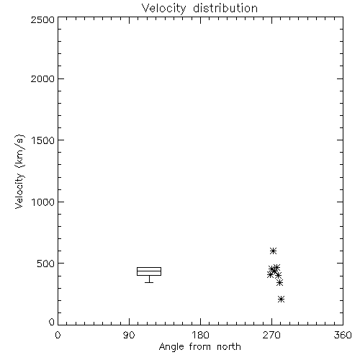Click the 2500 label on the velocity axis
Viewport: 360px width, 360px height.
(x=42, y=19)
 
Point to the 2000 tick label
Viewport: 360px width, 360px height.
(x=42, y=78)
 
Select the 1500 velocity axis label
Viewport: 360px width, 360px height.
(x=43, y=140)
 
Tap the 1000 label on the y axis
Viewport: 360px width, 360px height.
(x=43, y=202)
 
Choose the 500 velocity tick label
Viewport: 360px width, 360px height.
(x=46, y=264)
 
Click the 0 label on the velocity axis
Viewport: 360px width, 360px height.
(x=52, y=322)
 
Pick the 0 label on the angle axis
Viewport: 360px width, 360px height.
(x=58, y=335)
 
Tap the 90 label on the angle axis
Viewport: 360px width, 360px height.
(x=129, y=335)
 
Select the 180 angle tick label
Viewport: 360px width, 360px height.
(x=200, y=335)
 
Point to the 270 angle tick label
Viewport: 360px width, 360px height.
(x=271, y=335)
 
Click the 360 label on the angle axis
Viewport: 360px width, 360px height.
(x=343, y=335)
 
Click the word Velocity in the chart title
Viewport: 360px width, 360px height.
(x=163, y=9)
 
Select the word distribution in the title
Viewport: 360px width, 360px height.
(x=225, y=8)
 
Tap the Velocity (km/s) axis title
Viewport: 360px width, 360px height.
(x=19, y=172)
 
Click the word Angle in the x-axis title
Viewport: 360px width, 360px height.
(x=171, y=347)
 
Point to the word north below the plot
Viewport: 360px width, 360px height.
(x=229, y=347)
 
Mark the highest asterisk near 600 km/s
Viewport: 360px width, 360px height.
(x=273, y=251)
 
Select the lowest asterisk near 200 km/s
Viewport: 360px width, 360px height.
(x=281, y=300)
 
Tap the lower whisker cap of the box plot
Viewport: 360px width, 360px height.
(x=149, y=282)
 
